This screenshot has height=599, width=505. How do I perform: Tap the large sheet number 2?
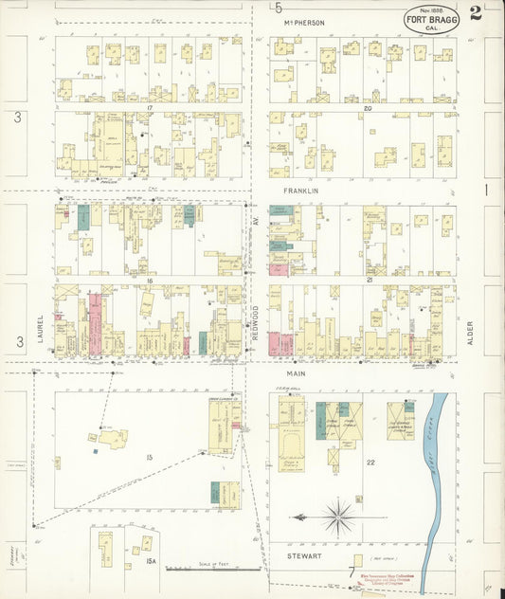click(475, 13)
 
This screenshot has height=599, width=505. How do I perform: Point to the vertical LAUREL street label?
click(42, 331)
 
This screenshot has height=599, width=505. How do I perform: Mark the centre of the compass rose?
click(338, 517)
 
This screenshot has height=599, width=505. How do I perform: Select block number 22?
click(370, 462)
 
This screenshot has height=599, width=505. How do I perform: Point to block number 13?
click(149, 458)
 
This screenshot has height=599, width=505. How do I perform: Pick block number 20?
click(367, 108)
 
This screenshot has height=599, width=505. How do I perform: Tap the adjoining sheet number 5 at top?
click(279, 9)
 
